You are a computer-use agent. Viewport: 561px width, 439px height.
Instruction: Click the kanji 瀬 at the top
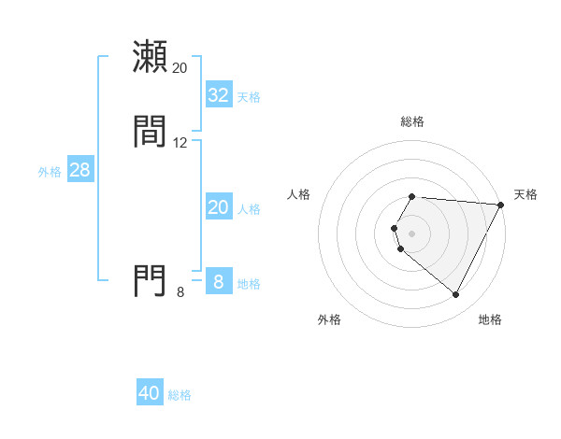pyautogui.click(x=150, y=56)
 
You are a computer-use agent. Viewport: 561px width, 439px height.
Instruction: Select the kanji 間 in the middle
pyautogui.click(x=150, y=132)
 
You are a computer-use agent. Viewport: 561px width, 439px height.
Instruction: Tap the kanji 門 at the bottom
pyautogui.click(x=150, y=280)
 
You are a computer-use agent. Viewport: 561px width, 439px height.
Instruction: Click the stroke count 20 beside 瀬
pyautogui.click(x=180, y=68)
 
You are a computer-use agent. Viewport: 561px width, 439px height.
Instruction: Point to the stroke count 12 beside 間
pyautogui.click(x=180, y=143)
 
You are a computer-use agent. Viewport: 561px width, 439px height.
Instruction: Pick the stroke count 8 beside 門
pyautogui.click(x=180, y=292)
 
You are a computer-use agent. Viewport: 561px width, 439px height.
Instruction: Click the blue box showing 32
pyautogui.click(x=219, y=95)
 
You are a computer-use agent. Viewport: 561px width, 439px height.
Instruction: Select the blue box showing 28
pyautogui.click(x=79, y=170)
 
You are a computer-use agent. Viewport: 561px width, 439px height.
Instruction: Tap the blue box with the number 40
pyautogui.click(x=150, y=393)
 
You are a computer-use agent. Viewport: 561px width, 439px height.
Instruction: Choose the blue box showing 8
pyautogui.click(x=219, y=281)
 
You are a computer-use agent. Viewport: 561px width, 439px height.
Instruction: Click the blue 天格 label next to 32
pyautogui.click(x=249, y=97)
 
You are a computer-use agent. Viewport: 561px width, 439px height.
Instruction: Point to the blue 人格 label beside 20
pyautogui.click(x=249, y=209)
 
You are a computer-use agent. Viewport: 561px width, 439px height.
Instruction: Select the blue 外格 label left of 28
pyautogui.click(x=50, y=172)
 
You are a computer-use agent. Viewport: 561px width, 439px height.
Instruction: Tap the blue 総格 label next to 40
pyautogui.click(x=180, y=395)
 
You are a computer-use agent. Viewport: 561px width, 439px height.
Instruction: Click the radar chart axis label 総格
pyautogui.click(x=412, y=121)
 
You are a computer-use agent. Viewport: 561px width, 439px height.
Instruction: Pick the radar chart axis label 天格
pyautogui.click(x=525, y=194)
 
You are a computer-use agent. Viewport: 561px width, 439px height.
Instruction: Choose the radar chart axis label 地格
pyautogui.click(x=490, y=319)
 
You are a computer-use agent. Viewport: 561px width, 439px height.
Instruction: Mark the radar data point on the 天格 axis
pyautogui.click(x=501, y=205)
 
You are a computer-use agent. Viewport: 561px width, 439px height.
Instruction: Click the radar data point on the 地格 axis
pyautogui.click(x=456, y=295)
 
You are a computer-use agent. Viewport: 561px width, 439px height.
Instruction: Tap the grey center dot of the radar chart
pyautogui.click(x=412, y=233)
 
